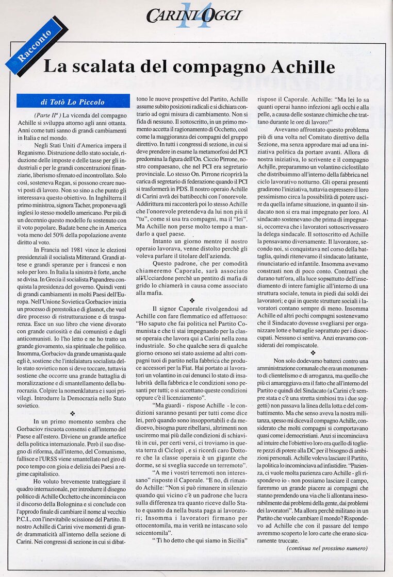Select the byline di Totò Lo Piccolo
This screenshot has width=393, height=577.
pyautogui.click(x=73, y=101)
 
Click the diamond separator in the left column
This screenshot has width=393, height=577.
pyautogui.click(x=72, y=413)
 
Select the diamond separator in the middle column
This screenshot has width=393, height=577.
pyautogui.click(x=192, y=299)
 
